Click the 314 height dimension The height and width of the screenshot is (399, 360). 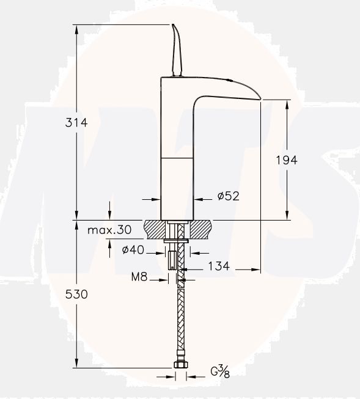point(76,122)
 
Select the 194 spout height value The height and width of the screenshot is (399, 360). point(287,160)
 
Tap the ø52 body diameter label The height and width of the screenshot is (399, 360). point(227,197)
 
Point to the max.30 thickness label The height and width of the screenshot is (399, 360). point(109,230)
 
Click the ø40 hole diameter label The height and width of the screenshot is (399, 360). point(133,249)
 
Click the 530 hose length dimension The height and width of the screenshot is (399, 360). point(76,294)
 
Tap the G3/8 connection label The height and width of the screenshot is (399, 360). point(219,372)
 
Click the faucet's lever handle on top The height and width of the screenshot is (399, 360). point(177,49)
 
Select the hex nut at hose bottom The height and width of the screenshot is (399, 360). point(180,367)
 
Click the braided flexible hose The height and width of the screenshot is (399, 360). point(180,318)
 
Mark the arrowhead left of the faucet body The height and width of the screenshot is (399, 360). point(156,199)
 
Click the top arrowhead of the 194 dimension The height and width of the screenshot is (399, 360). point(287,103)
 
